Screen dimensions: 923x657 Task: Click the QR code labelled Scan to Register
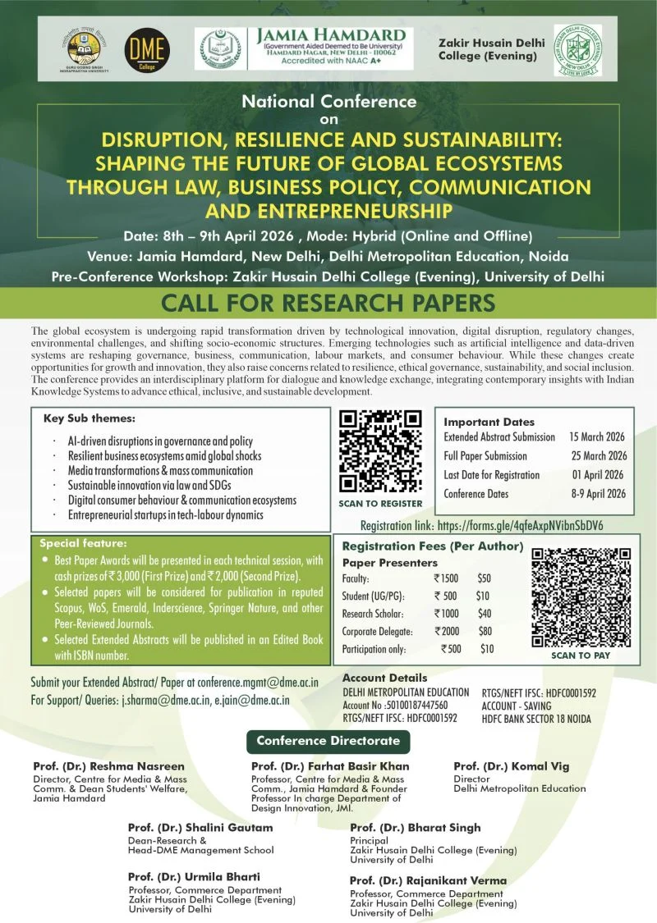coord(380,451)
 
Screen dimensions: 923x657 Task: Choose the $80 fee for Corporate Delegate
coord(485,631)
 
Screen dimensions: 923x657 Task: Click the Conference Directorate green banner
coord(328,741)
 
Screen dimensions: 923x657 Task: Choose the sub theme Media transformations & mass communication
coord(161,471)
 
